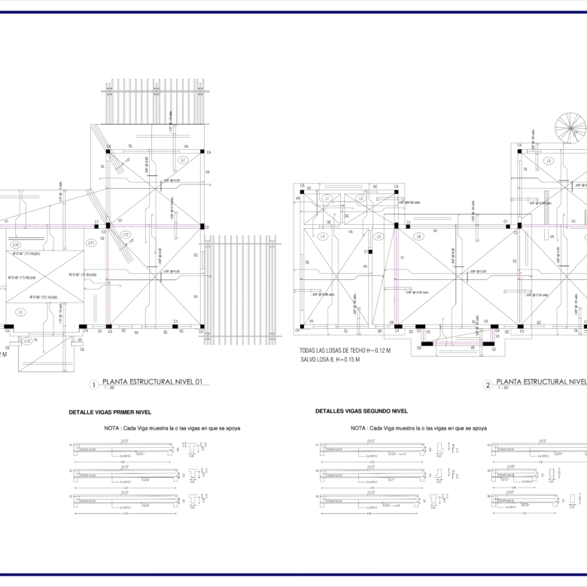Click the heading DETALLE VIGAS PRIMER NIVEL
tap(111, 412)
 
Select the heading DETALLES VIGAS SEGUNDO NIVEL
tap(361, 412)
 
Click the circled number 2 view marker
tap(488, 385)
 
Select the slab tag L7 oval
tap(183, 161)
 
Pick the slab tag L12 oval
tap(126, 235)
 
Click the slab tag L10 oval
tap(17, 245)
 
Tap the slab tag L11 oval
tap(91, 242)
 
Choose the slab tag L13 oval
tap(27, 341)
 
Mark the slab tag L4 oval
tap(323, 237)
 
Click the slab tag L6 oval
tap(419, 236)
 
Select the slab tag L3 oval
tap(549, 161)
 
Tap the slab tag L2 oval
tap(360, 199)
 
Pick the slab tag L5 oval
tap(379, 237)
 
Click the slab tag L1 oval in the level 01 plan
tap(21, 312)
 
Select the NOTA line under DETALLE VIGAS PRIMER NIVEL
tap(172, 428)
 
